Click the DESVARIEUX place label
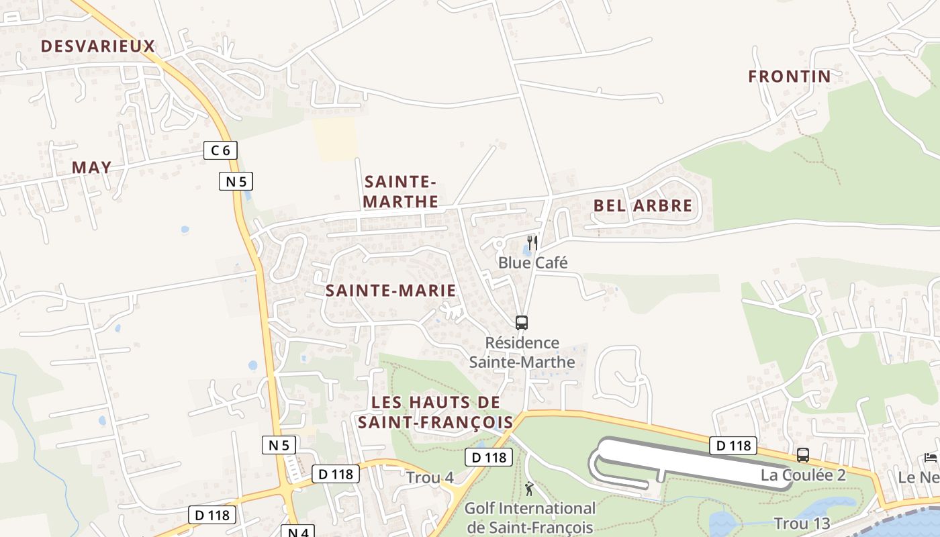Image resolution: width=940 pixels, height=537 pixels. pyautogui.click(x=98, y=46)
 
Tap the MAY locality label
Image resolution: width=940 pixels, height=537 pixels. pyautogui.click(x=91, y=168)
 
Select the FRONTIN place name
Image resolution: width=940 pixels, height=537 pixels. pyautogui.click(x=790, y=77)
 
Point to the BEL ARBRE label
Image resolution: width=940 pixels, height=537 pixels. pyautogui.click(x=643, y=206)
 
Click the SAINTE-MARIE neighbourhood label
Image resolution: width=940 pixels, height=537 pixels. pyautogui.click(x=391, y=291)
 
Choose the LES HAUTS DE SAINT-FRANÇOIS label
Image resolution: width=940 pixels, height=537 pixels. pyautogui.click(x=436, y=412)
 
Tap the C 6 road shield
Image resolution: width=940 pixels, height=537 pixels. pyautogui.click(x=220, y=150)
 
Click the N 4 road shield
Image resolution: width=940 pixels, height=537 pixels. pyautogui.click(x=297, y=532)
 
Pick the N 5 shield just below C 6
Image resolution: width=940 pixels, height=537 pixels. pyautogui.click(x=236, y=181)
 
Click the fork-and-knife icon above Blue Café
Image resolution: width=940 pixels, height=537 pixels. pyautogui.click(x=532, y=242)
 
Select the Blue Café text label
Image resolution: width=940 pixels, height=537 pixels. pyautogui.click(x=532, y=262)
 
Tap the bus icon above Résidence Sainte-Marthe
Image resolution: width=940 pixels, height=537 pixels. pyautogui.click(x=522, y=322)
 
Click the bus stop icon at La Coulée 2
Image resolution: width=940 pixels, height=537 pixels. pyautogui.click(x=802, y=455)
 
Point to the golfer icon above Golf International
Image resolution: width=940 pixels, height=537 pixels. pyautogui.click(x=529, y=488)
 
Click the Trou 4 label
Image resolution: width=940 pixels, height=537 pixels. pyautogui.click(x=430, y=478)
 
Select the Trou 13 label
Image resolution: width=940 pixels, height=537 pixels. pyautogui.click(x=802, y=524)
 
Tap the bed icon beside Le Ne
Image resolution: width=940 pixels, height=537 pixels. pyautogui.click(x=931, y=458)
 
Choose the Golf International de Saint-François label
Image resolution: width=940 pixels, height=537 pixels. pyautogui.click(x=530, y=518)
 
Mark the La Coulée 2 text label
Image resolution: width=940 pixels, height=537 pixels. pyautogui.click(x=803, y=475)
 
